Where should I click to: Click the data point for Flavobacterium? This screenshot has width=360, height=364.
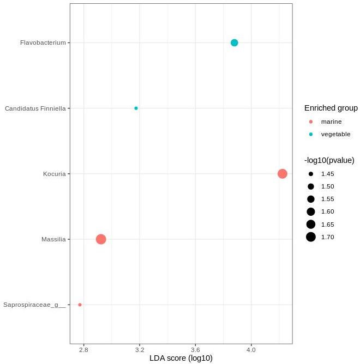pyautogui.click(x=235, y=43)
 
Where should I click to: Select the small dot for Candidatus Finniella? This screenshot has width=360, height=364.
pyautogui.click(x=136, y=108)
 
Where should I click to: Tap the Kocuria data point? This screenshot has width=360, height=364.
pyautogui.click(x=282, y=174)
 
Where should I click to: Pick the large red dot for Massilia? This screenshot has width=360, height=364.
pyautogui.click(x=101, y=239)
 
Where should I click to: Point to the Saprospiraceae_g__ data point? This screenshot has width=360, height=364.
pyautogui.click(x=80, y=305)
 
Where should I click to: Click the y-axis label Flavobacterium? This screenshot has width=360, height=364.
pyautogui.click(x=43, y=43)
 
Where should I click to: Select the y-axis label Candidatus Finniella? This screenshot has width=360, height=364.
pyautogui.click(x=35, y=108)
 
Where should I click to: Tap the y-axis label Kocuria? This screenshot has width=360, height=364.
pyautogui.click(x=54, y=174)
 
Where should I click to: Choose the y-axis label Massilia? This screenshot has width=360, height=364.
pyautogui.click(x=53, y=239)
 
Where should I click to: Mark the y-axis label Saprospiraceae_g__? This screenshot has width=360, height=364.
pyautogui.click(x=34, y=305)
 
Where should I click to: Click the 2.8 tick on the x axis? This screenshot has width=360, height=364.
pyautogui.click(x=83, y=349)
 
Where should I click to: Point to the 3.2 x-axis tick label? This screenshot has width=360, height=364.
pyautogui.click(x=140, y=349)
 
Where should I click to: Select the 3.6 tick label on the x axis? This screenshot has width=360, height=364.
pyautogui.click(x=195, y=349)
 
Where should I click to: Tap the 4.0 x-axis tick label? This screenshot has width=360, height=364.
pyautogui.click(x=251, y=349)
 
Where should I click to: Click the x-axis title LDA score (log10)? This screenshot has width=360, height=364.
pyautogui.click(x=181, y=358)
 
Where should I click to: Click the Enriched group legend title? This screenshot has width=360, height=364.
pyautogui.click(x=331, y=108)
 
